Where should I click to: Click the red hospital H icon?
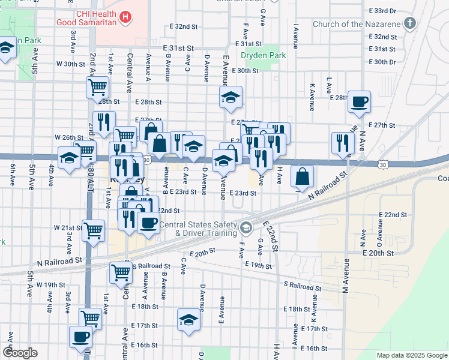125,17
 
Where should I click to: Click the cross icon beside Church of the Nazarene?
411,24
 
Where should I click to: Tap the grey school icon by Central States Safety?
246,228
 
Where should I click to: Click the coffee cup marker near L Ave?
359,103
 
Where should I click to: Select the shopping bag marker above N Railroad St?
303,177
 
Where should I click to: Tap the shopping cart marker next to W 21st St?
93,230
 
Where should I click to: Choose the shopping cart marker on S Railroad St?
121,272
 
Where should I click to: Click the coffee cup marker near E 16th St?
81,337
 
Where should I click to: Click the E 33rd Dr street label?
384,11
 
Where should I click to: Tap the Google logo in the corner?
20,353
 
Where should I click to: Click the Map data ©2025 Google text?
411,355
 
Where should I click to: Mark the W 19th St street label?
50,284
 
